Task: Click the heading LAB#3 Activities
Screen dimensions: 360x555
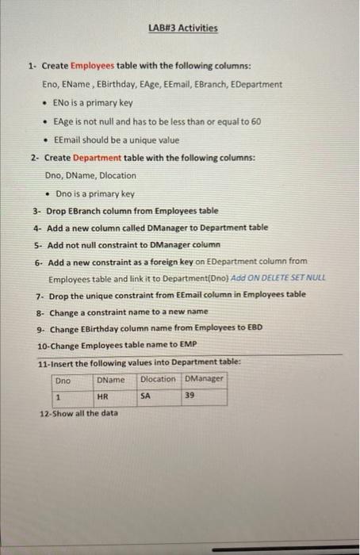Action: [x=182, y=29]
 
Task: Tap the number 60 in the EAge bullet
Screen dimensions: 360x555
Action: [x=256, y=121]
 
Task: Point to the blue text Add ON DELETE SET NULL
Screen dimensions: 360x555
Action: [x=279, y=279]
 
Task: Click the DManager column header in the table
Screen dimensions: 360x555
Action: [x=205, y=379]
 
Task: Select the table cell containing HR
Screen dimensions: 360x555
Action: [x=102, y=396]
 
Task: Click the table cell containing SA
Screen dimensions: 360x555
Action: [x=146, y=396]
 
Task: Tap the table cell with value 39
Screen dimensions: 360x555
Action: [x=189, y=396]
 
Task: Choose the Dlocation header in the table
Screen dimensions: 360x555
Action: [x=159, y=379]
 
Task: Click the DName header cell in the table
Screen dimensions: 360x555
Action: [x=110, y=380]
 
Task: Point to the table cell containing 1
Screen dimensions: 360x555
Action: [x=58, y=396]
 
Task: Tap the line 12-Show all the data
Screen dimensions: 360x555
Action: [x=79, y=413]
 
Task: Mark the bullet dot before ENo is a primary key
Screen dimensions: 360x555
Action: [x=45, y=103]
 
